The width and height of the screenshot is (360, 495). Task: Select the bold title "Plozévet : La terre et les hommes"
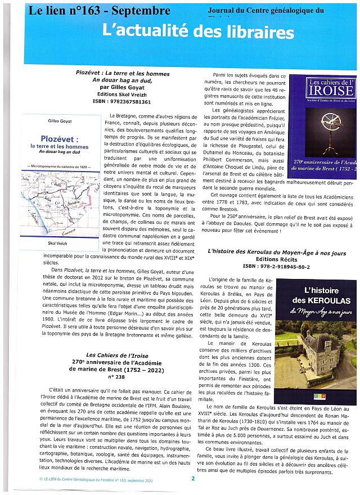[x=119, y=73]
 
